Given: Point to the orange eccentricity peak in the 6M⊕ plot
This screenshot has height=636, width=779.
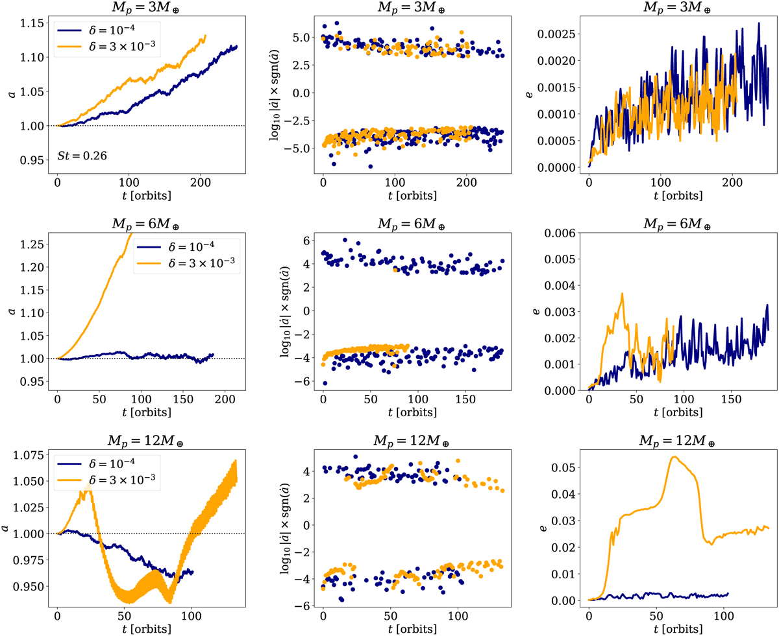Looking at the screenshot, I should tap(622, 293).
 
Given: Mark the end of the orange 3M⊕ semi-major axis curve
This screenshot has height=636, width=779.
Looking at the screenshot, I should tap(205, 36).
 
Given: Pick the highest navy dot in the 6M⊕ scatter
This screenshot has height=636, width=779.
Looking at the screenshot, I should tap(345, 240).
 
